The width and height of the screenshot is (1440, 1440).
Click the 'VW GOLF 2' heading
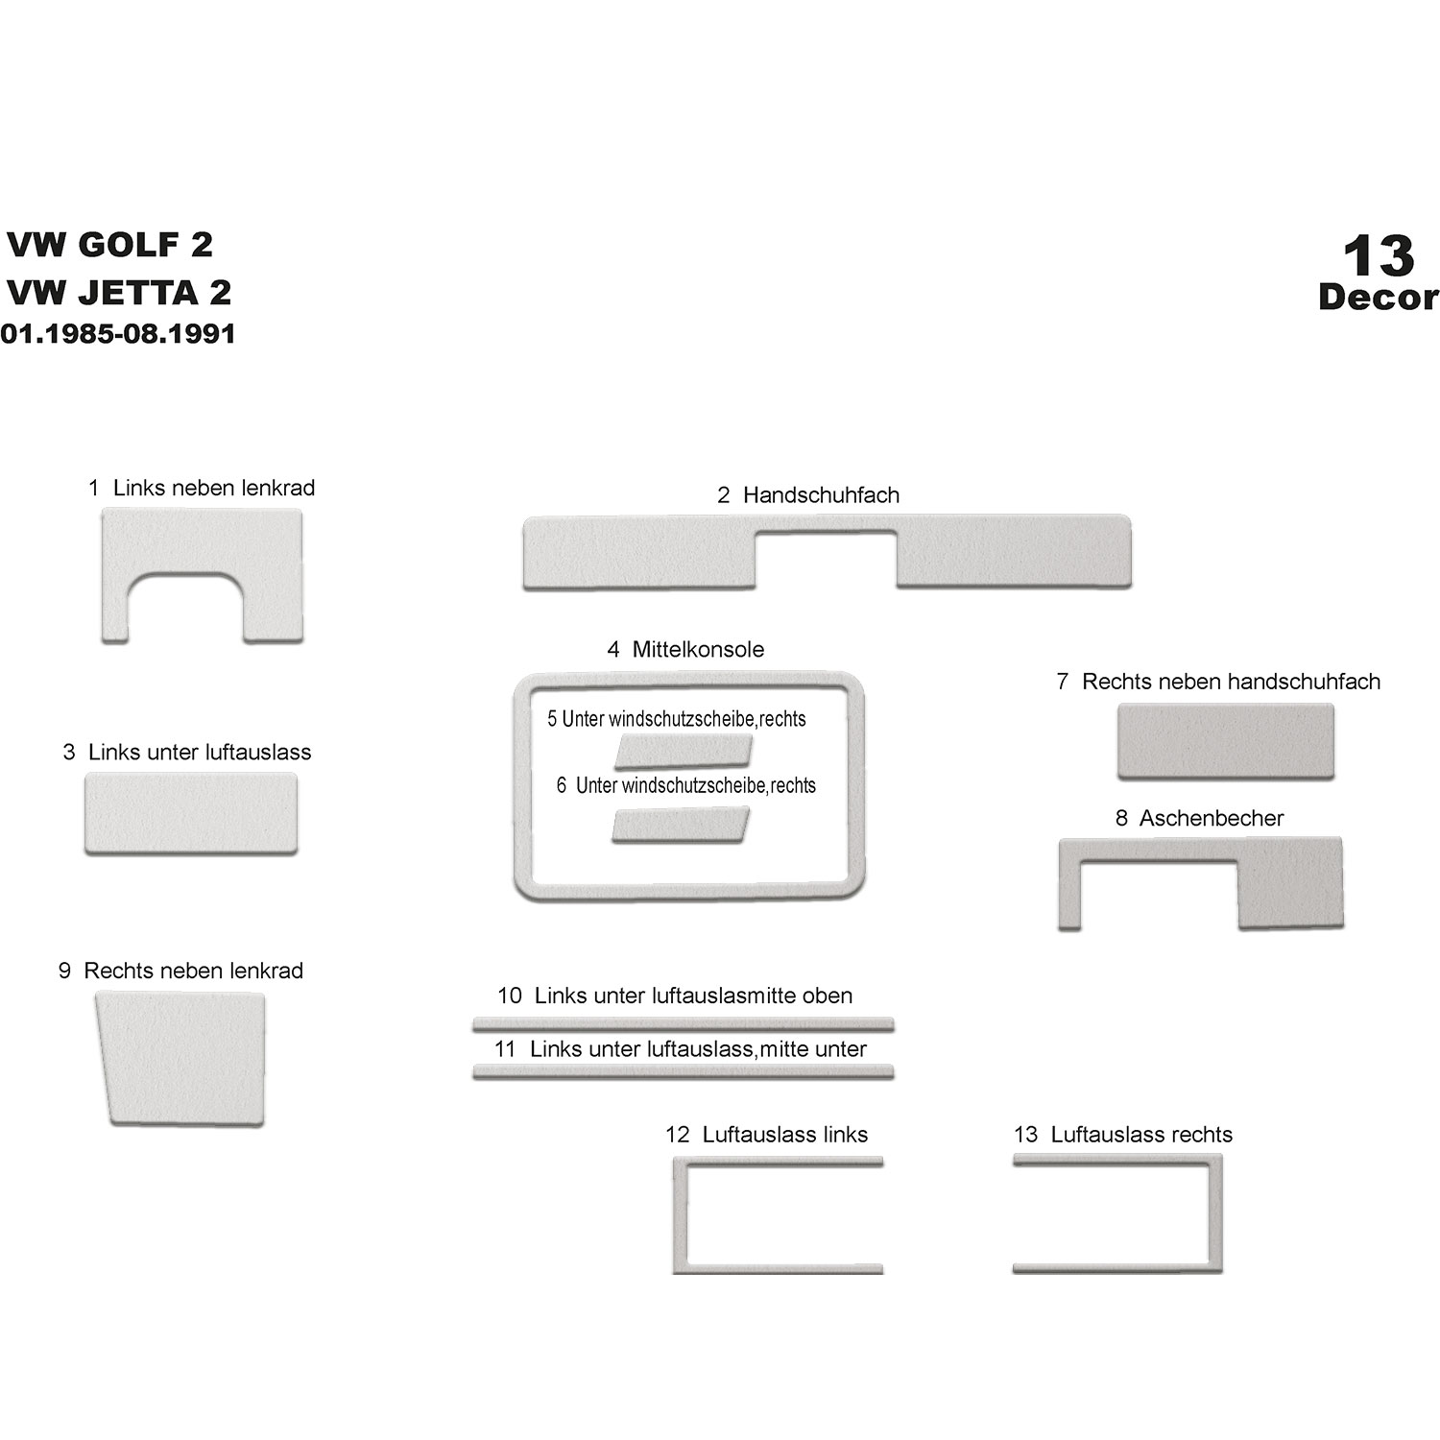pos(109,244)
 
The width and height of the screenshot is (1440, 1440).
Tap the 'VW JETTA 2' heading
pos(119,292)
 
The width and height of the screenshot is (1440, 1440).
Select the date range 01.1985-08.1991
pos(118,333)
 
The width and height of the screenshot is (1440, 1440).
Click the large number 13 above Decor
pos(1379,255)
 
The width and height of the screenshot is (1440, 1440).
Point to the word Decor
pos(1379,297)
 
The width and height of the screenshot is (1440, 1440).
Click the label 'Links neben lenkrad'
pos(214,488)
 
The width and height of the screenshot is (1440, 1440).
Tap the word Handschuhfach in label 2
pos(821,495)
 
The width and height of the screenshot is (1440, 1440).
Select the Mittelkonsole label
pos(698,649)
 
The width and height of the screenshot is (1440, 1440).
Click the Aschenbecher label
pos(1212,818)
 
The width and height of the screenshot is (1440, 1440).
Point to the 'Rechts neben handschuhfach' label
pos(1231,682)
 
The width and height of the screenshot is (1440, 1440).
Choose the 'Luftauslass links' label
pos(785,1135)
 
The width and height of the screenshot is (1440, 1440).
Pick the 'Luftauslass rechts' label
pos(1141,1135)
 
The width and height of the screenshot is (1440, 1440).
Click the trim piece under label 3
pos(191,813)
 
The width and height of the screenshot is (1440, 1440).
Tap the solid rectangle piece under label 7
pos(1226,741)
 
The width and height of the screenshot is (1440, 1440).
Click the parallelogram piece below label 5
pos(684,753)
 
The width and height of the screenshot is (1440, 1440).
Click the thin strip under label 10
pos(684,1024)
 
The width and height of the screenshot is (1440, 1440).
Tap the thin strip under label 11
pos(684,1072)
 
